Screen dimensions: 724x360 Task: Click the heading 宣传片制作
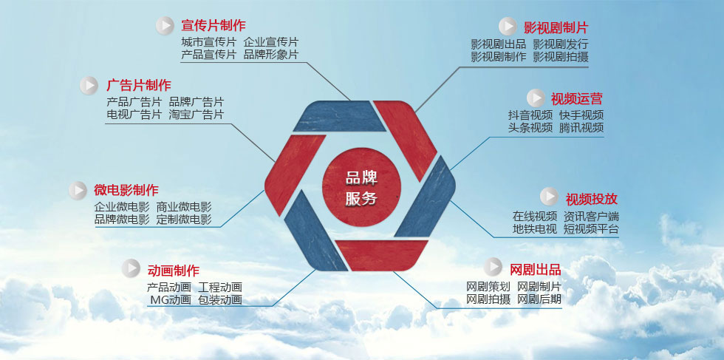click(x=214, y=25)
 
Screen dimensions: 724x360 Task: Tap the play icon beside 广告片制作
click(x=89, y=86)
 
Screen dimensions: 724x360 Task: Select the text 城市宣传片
click(x=208, y=42)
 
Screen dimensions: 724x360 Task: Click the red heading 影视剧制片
click(x=556, y=27)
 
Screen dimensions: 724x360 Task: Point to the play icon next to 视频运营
click(x=536, y=98)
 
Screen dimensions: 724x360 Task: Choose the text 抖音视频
click(x=530, y=115)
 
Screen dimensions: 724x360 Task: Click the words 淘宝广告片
click(x=197, y=114)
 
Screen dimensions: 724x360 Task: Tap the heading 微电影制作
click(x=126, y=190)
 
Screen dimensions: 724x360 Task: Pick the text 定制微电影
click(x=184, y=219)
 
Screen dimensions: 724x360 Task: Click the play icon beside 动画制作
click(x=132, y=268)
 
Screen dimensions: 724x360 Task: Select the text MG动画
click(x=171, y=299)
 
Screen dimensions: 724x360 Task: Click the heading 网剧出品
click(x=536, y=269)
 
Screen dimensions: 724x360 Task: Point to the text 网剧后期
click(x=539, y=299)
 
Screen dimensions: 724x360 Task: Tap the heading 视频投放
click(x=592, y=199)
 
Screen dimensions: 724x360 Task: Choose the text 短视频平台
click(x=591, y=228)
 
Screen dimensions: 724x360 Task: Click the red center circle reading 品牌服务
click(x=361, y=187)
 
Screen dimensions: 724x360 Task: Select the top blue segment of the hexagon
click(x=339, y=116)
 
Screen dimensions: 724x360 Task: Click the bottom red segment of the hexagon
click(x=381, y=255)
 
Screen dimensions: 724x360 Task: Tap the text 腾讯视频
click(x=581, y=128)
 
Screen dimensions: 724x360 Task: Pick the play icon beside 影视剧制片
click(x=508, y=27)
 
